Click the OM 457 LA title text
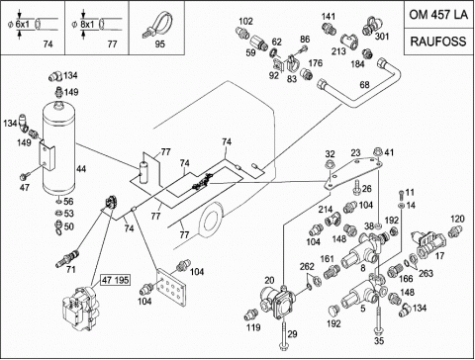click(438, 15)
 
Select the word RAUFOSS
click(438, 42)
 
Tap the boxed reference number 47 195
click(115, 280)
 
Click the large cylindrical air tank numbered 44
click(59, 148)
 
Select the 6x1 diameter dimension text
click(23, 24)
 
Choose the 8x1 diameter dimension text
click(87, 24)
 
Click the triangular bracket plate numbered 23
click(353, 172)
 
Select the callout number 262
click(307, 266)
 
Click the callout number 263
click(426, 273)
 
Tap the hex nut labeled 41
click(377, 152)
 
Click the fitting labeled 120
click(454, 231)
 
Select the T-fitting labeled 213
click(349, 42)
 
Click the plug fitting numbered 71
click(68, 259)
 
